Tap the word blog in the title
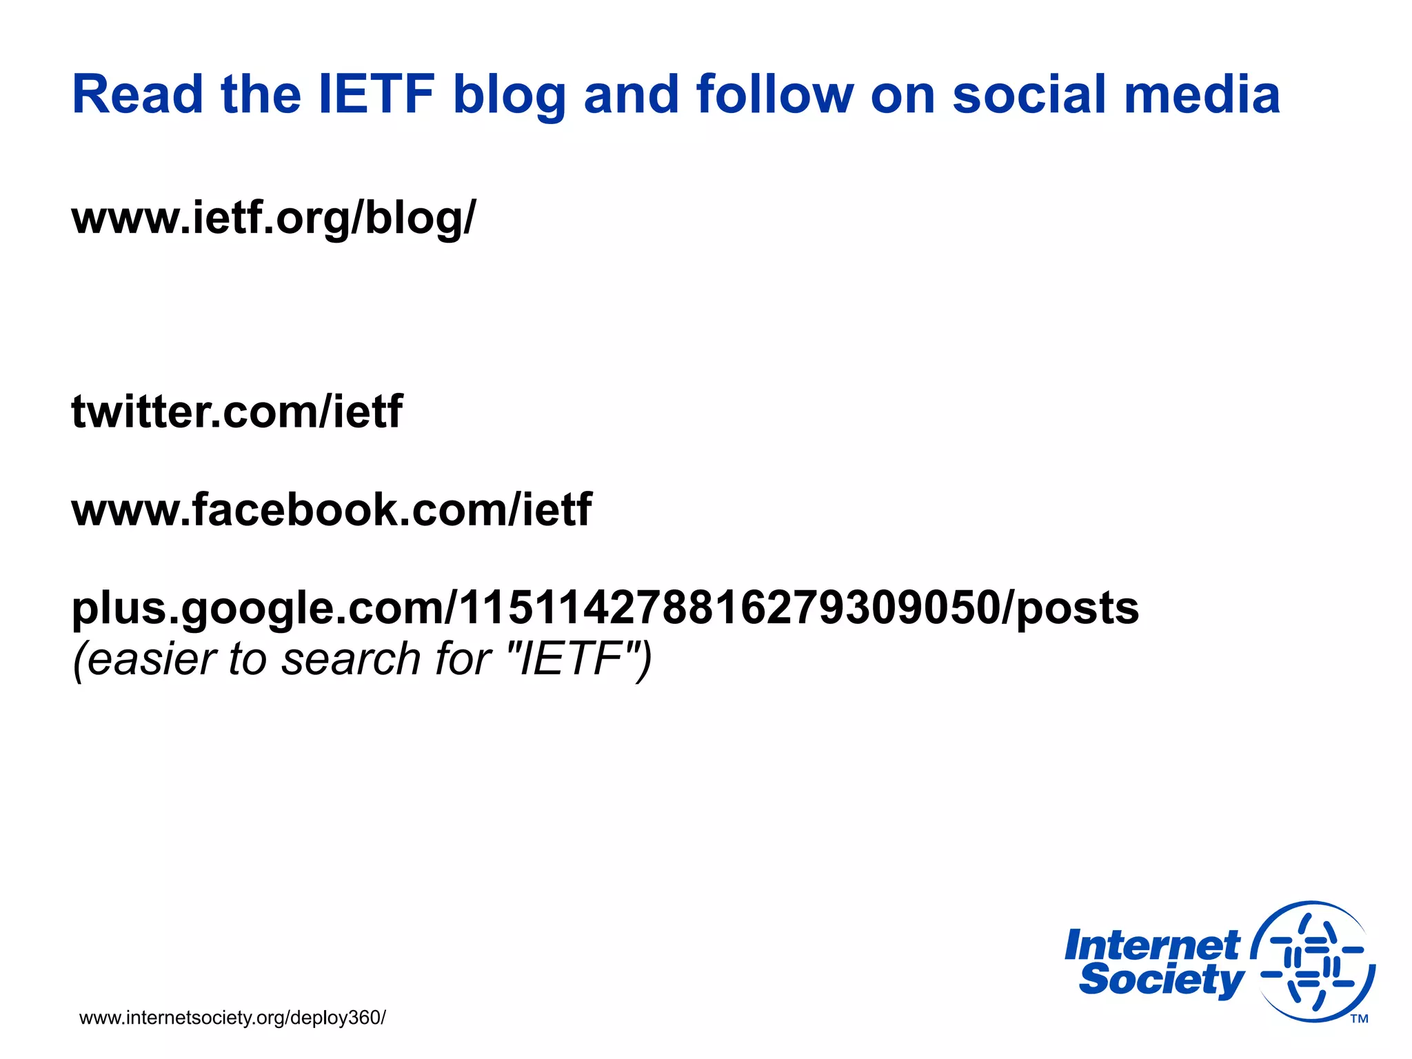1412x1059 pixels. pyautogui.click(x=509, y=95)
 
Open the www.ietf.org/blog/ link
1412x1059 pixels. pyautogui.click(x=274, y=218)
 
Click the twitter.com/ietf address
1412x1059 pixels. pyautogui.click(x=236, y=412)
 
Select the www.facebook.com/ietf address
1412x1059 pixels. pyautogui.click(x=331, y=510)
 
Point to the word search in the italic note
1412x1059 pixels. pyautogui.click(x=351, y=658)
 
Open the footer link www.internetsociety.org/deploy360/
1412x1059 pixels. pyautogui.click(x=232, y=1018)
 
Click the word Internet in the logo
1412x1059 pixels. pyautogui.click(x=1151, y=945)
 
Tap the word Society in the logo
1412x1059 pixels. pyautogui.click(x=1161, y=980)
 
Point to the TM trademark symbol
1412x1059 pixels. pyautogui.click(x=1359, y=1019)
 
